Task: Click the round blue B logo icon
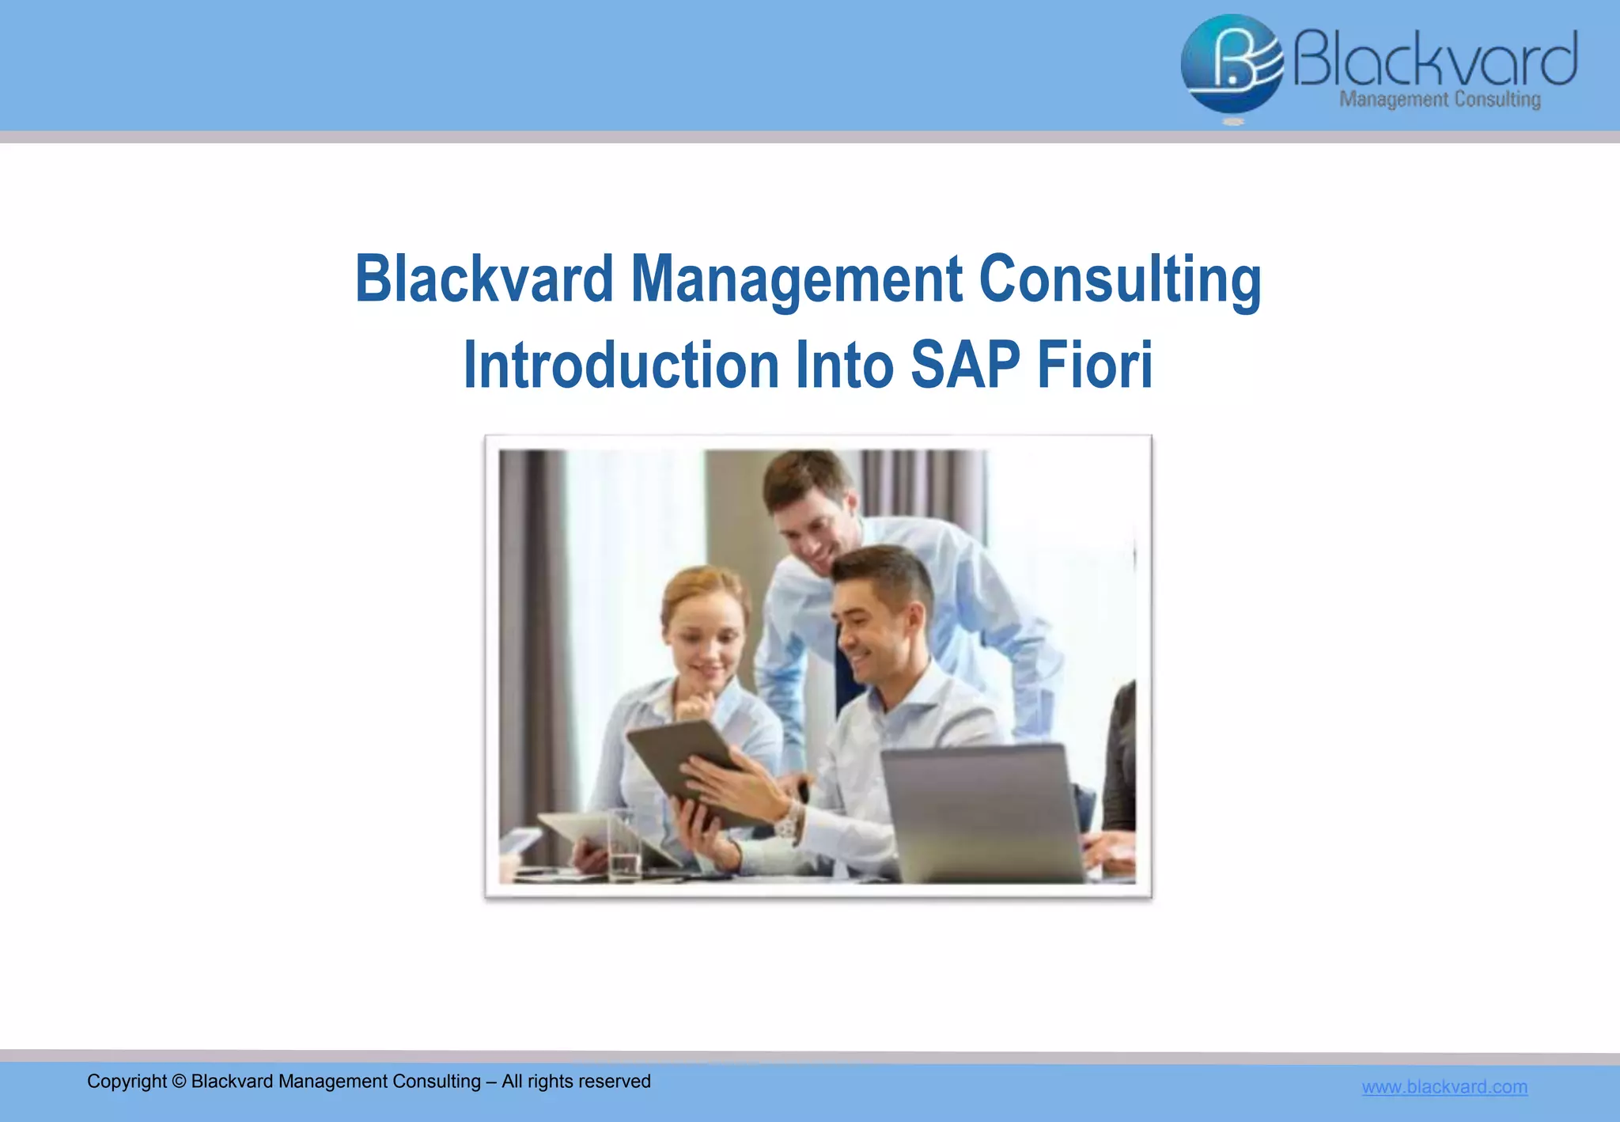click(1231, 65)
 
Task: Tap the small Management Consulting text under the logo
click(1440, 100)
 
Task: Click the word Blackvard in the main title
click(484, 279)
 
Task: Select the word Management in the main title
click(796, 281)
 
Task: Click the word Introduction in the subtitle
click(622, 365)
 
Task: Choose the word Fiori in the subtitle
click(1095, 365)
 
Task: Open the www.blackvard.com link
click(1444, 1087)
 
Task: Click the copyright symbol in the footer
click(179, 1082)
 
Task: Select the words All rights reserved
click(576, 1082)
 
